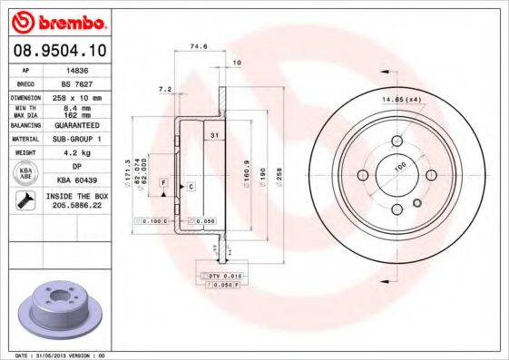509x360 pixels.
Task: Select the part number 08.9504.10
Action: (56, 50)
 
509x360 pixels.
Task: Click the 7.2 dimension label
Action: (164, 89)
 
